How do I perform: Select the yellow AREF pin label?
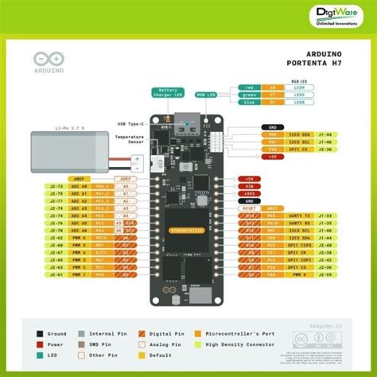point(79,180)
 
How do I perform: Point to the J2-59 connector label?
point(325,274)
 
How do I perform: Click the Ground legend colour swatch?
point(41,335)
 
